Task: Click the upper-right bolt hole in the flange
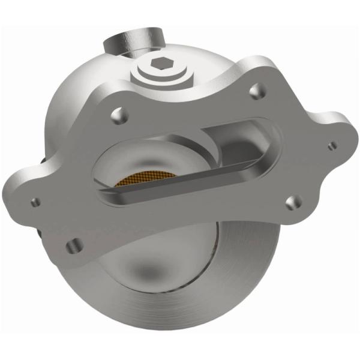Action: [x=257, y=91]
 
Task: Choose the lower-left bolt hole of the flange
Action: [x=74, y=245]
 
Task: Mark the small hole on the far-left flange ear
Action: [x=35, y=202]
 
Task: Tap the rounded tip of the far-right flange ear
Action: [x=345, y=144]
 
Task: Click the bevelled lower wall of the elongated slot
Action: [x=180, y=191]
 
